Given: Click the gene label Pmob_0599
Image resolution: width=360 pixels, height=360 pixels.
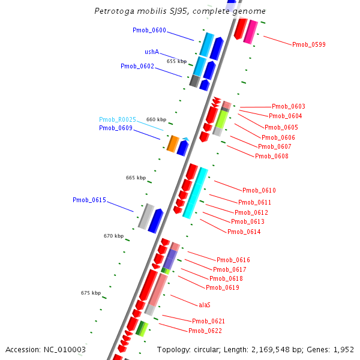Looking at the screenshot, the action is [309, 44].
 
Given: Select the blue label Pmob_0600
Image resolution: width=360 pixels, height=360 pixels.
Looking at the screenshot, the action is [149, 30].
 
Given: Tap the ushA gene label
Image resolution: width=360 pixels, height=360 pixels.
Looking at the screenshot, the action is [152, 52].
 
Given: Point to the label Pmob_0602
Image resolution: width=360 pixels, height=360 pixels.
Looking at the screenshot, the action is [137, 66].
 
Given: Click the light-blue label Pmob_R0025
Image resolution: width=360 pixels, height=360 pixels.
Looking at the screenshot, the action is [118, 119].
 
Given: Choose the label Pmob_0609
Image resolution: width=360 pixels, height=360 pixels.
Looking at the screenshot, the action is [116, 128].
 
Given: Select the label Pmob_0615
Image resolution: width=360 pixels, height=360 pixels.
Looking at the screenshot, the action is [89, 200].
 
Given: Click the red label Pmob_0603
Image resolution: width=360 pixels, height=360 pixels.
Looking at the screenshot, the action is [288, 106].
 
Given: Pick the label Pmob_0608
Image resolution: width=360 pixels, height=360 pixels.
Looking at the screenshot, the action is [271, 156].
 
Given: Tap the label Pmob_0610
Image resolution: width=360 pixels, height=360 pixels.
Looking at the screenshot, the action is [259, 190].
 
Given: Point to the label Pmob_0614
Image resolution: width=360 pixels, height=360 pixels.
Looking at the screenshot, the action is [244, 232].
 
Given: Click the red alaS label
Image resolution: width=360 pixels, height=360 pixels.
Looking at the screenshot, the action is [204, 304].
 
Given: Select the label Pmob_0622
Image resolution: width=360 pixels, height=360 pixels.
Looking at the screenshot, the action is [205, 331].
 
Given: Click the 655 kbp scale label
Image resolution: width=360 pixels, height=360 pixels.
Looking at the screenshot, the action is [176, 61].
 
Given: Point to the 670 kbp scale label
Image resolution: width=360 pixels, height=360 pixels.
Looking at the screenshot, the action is [113, 236].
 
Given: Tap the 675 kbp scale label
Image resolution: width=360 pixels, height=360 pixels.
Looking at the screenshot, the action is [91, 293].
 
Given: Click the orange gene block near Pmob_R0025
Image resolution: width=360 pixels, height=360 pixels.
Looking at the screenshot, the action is [173, 143].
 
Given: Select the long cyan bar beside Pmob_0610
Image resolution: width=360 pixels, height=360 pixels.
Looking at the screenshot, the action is [196, 193].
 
